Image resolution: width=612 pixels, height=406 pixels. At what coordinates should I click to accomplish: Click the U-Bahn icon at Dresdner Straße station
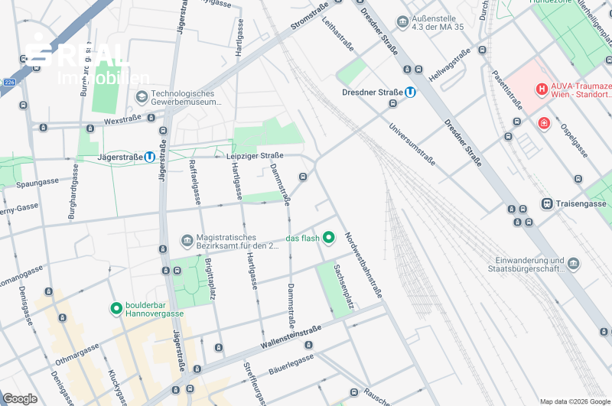(x=411, y=93)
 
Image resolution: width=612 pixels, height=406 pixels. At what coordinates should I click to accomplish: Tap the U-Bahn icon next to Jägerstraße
(x=149, y=157)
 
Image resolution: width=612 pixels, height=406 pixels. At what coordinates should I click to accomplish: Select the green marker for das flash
(x=329, y=238)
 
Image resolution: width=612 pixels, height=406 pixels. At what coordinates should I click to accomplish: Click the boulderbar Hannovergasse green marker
(x=116, y=308)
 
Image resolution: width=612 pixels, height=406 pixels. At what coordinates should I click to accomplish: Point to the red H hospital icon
(x=542, y=89)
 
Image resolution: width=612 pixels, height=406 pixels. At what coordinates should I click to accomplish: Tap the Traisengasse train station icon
(x=547, y=203)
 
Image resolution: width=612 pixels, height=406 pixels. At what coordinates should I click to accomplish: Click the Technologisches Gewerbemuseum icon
(x=141, y=96)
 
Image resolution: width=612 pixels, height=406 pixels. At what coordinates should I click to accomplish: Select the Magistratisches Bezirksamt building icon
(x=187, y=241)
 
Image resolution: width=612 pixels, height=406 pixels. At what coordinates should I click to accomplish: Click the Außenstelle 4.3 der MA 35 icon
(x=402, y=21)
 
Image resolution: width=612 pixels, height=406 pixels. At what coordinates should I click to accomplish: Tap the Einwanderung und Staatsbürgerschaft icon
(x=573, y=264)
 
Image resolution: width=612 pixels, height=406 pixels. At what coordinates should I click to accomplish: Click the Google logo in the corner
(x=20, y=398)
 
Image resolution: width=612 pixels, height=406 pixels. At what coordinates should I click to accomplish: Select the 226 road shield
(x=9, y=82)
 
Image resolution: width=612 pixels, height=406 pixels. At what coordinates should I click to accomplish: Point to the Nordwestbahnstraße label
(x=363, y=265)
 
